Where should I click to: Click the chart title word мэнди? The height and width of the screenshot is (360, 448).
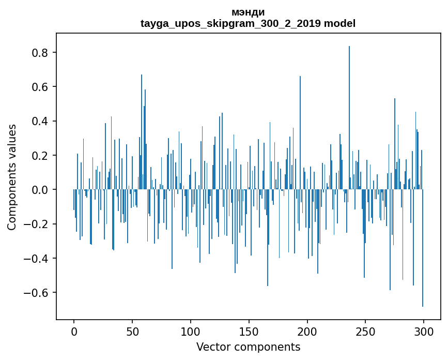coord(248,12)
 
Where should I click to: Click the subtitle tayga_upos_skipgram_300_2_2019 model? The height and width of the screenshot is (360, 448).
coord(248,23)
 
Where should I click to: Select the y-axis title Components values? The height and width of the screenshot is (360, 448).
coord(12,177)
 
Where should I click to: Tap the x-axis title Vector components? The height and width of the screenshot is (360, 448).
coord(248,347)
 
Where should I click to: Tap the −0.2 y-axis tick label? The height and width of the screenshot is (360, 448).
coord(38,224)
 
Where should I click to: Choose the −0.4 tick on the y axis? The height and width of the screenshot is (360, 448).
coord(38,259)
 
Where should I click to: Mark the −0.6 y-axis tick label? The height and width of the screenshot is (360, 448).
coord(38,293)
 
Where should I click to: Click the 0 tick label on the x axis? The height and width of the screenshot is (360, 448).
coord(74,331)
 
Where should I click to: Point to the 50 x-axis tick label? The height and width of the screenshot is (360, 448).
coord(132,331)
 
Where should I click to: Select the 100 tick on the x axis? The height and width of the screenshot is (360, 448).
coord(191,331)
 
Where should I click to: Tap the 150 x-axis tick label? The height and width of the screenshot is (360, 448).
coord(249,331)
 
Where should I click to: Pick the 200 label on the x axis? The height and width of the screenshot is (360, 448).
coord(307,331)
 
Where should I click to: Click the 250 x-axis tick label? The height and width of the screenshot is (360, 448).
coord(365,331)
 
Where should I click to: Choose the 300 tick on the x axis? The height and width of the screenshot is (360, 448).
coord(424,331)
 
